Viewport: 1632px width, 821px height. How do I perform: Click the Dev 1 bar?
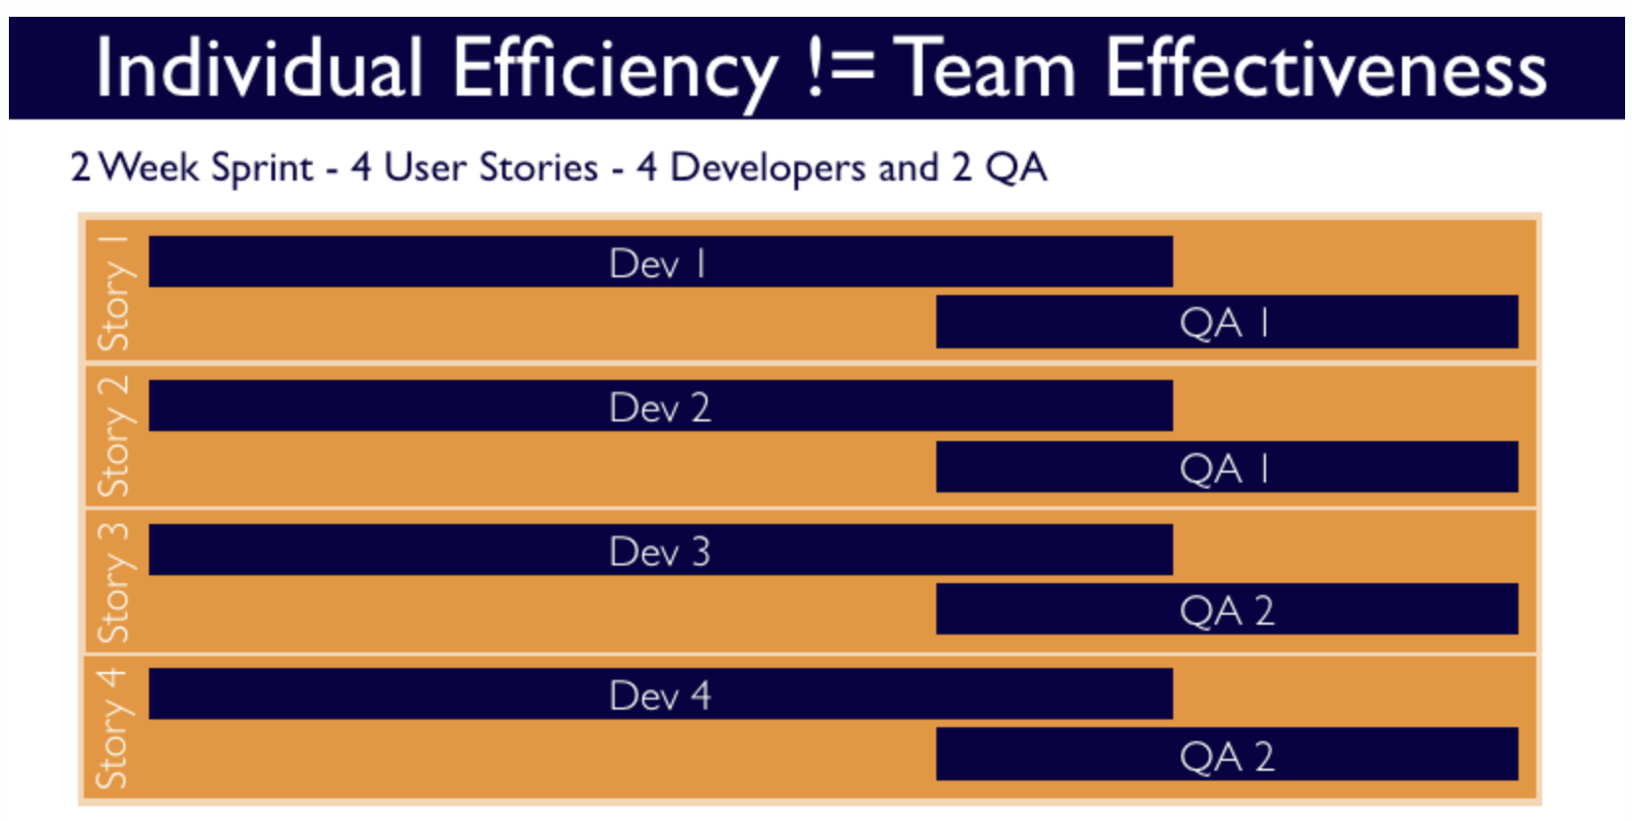tap(660, 261)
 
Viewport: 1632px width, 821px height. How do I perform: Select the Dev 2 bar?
tap(660, 406)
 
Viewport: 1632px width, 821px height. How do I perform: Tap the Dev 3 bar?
tap(660, 550)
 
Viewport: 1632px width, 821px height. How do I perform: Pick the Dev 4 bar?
tap(660, 694)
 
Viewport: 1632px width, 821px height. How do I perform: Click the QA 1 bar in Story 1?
tap(1226, 322)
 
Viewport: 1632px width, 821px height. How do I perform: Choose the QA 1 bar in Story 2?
tap(1226, 467)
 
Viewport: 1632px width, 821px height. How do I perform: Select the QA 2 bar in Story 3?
tap(1226, 610)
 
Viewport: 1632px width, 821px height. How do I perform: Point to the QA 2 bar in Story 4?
tap(1226, 755)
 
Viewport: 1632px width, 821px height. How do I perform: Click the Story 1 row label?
tap(113, 293)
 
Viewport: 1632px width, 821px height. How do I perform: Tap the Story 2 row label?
tap(113, 436)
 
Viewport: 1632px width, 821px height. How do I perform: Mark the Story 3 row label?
tap(113, 582)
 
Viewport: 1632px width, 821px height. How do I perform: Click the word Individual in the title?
tap(260, 69)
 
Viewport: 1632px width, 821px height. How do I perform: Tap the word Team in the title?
tap(990, 69)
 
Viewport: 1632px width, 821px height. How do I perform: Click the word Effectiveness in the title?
tap(1325, 69)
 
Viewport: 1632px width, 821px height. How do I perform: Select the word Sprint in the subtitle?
tap(262, 169)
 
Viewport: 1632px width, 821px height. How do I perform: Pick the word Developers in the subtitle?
tap(768, 169)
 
